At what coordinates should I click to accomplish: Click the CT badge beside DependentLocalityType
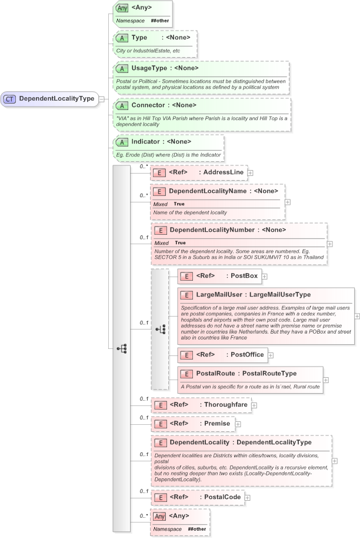10,99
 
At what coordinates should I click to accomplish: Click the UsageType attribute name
147,68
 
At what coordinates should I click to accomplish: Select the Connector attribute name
148,105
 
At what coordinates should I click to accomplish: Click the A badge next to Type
122,38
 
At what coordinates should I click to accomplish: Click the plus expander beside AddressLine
251,172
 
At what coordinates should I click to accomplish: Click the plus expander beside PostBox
265,276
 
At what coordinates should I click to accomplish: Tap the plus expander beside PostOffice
271,355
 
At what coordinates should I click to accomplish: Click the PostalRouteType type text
269,373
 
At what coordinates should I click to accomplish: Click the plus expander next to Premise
238,424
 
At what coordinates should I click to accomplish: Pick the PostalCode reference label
222,497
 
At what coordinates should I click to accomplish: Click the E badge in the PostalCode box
159,498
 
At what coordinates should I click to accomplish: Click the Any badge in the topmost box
122,8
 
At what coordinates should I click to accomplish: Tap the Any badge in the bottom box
159,516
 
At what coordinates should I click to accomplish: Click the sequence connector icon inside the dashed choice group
161,330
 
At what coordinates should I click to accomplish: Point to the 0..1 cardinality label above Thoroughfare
144,399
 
